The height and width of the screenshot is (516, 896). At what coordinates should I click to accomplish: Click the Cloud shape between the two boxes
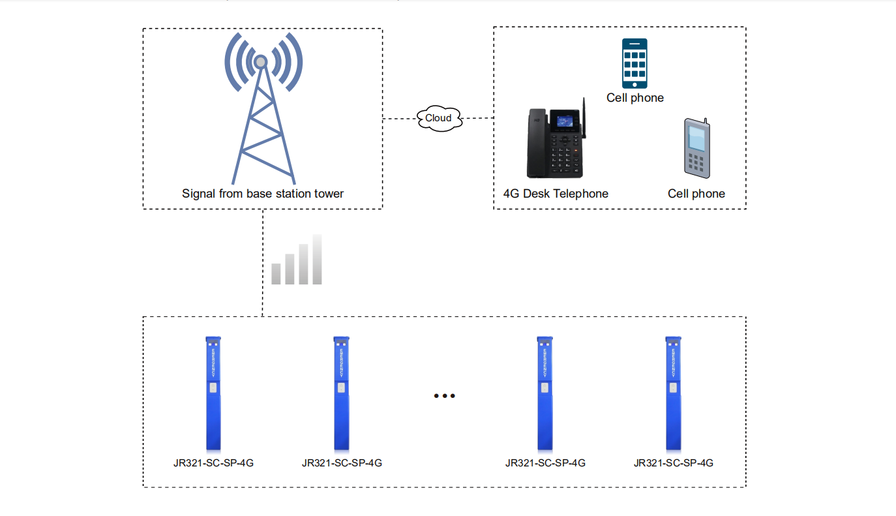[440, 119]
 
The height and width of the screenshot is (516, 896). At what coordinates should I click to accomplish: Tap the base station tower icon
[262, 108]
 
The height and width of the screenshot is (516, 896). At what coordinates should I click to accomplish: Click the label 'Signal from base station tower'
[263, 194]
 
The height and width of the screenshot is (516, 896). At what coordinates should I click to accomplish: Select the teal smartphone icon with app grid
[635, 63]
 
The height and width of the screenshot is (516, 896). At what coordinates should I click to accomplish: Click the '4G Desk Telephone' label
[556, 194]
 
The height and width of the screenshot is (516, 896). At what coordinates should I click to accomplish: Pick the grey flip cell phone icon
[697, 148]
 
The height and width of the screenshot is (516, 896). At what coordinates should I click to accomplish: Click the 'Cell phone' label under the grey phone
[696, 194]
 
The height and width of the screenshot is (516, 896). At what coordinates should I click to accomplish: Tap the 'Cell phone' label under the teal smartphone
[635, 98]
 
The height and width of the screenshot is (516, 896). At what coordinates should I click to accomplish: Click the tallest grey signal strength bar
[317, 259]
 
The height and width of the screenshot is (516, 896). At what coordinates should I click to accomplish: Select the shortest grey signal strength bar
[276, 274]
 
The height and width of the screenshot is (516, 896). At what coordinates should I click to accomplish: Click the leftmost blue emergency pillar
[213, 394]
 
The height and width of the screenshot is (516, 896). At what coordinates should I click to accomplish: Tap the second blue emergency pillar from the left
[341, 394]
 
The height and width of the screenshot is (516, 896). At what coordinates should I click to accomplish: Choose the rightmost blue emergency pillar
[673, 394]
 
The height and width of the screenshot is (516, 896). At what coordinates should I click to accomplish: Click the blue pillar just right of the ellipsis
[545, 394]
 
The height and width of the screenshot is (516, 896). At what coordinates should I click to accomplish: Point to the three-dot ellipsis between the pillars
[444, 395]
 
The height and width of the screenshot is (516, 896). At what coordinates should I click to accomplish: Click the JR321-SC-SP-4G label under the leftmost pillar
[213, 463]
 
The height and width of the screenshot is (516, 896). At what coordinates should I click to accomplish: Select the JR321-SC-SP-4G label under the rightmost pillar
[673, 463]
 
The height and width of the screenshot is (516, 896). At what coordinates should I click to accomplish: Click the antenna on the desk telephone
[584, 118]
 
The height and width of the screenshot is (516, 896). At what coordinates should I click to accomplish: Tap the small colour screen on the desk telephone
[564, 121]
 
